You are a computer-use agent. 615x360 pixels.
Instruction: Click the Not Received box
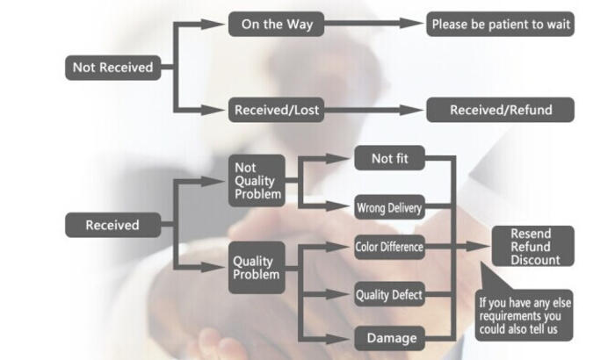click(x=112, y=67)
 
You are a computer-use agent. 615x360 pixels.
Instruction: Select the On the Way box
click(x=276, y=25)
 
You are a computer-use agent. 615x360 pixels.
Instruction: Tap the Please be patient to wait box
click(x=501, y=25)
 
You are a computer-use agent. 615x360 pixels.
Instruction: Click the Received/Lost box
click(x=276, y=110)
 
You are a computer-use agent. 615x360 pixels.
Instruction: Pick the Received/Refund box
click(x=501, y=110)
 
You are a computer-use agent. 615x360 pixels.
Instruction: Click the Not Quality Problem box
click(x=257, y=181)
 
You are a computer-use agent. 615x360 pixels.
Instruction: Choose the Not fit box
click(x=389, y=159)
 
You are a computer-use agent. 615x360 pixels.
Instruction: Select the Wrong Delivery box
click(x=389, y=208)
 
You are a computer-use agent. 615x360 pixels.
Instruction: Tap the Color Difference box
click(x=389, y=248)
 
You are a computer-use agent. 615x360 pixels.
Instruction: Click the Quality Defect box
click(x=389, y=294)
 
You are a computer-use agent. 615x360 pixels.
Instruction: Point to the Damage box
click(x=389, y=336)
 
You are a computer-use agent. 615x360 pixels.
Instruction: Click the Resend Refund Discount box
click(x=531, y=247)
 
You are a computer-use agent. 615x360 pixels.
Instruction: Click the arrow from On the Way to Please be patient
click(x=369, y=25)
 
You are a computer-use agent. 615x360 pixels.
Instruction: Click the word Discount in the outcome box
click(x=531, y=259)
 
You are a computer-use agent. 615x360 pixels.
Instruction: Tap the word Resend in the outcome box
click(x=531, y=234)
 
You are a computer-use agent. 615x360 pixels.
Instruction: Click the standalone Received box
click(x=112, y=225)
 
